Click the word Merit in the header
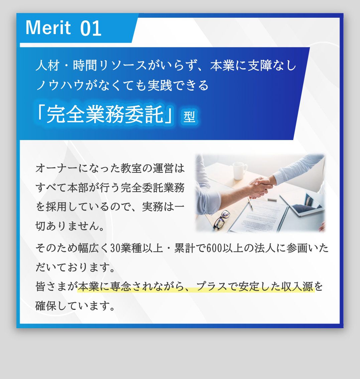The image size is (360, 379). tap(48, 28)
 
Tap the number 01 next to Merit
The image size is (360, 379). tap(91, 28)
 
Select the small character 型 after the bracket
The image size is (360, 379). tap(189, 117)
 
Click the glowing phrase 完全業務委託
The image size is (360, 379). tap(105, 114)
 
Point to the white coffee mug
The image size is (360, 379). tap(239, 170)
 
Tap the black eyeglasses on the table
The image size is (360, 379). tap(222, 220)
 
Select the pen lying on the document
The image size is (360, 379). tap(250, 204)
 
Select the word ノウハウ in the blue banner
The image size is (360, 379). tap(60, 85)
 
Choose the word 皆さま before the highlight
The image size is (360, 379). tap(56, 287)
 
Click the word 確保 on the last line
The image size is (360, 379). tap(46, 306)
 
